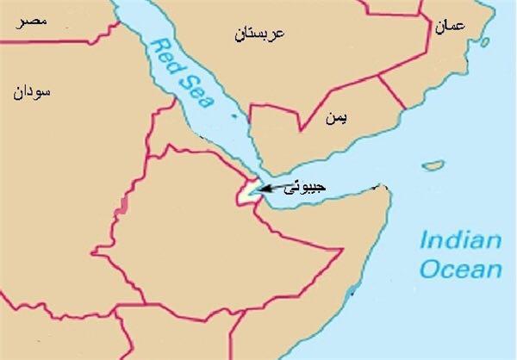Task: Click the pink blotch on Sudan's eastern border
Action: point(127,206)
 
